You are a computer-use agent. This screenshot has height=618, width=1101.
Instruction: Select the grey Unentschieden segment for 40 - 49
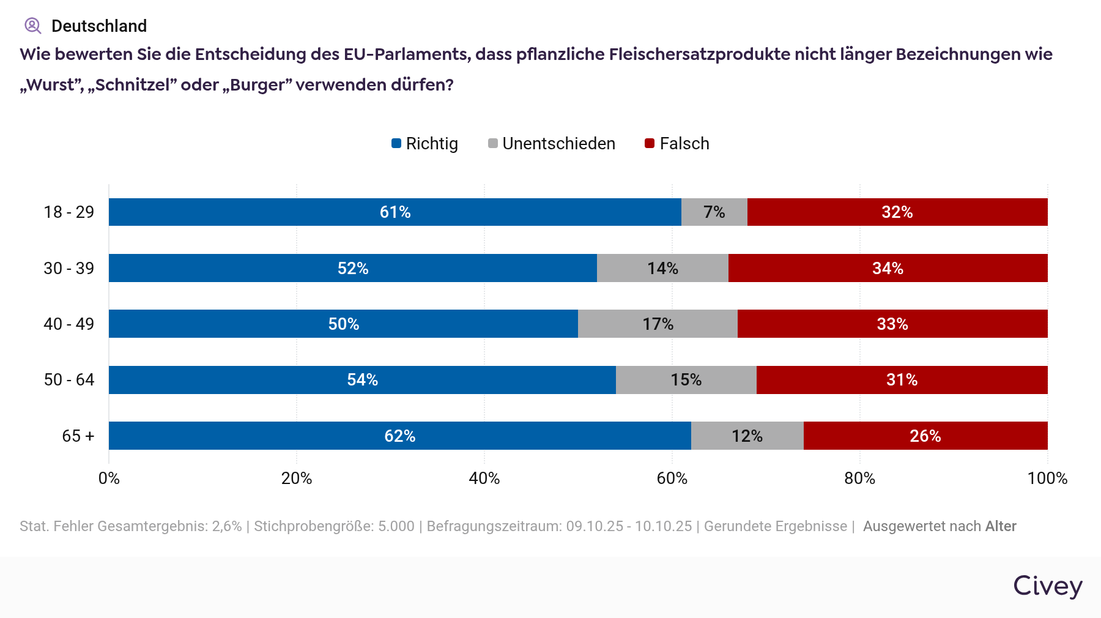(x=658, y=324)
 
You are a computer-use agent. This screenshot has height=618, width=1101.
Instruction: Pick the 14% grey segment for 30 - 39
(x=662, y=268)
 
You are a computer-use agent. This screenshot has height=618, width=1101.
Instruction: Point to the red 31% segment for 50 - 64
(x=902, y=380)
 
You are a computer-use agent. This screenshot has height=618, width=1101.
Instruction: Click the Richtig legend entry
(x=425, y=143)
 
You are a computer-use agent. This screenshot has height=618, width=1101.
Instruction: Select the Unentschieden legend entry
(x=552, y=143)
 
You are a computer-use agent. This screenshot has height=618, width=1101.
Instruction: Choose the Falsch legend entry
(x=678, y=143)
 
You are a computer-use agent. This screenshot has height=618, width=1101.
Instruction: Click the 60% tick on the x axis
(x=672, y=478)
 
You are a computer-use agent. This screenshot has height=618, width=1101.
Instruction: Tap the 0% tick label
(x=109, y=478)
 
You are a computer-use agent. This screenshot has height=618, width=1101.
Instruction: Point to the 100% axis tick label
(x=1047, y=478)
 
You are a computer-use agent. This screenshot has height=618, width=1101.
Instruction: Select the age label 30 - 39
(x=69, y=268)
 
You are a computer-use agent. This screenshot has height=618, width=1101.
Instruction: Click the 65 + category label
(x=78, y=436)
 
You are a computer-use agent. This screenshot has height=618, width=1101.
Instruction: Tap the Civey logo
(x=1048, y=586)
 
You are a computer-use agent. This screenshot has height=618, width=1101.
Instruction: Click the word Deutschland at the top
(x=99, y=26)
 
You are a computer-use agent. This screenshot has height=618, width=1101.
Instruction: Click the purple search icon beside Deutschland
(x=32, y=26)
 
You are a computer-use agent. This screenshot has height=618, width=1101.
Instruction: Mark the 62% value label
(x=400, y=436)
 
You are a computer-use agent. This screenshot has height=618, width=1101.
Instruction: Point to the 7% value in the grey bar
(x=714, y=212)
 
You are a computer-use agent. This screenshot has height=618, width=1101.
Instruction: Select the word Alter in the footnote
(x=1001, y=526)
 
